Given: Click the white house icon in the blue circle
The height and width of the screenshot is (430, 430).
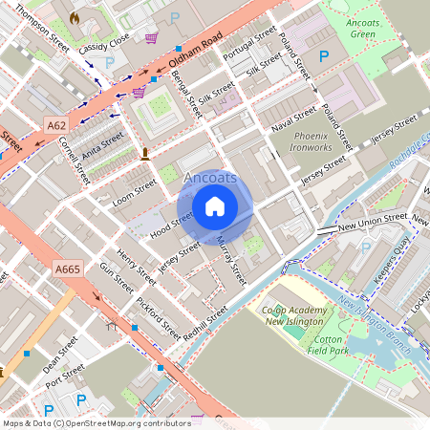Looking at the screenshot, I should [215, 205].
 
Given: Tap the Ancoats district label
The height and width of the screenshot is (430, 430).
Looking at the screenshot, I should [210, 178].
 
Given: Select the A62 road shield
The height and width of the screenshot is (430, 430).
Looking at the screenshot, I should [55, 123].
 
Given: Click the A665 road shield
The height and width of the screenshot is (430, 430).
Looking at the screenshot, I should [68, 270].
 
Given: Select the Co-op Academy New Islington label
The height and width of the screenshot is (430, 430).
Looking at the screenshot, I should [303, 316].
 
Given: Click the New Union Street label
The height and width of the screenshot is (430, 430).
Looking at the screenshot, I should [373, 223].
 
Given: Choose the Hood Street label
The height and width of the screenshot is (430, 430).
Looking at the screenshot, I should [172, 224].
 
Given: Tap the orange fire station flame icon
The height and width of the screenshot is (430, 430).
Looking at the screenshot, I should [75, 18].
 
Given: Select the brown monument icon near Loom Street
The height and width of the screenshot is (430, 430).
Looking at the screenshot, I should [145, 153].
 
